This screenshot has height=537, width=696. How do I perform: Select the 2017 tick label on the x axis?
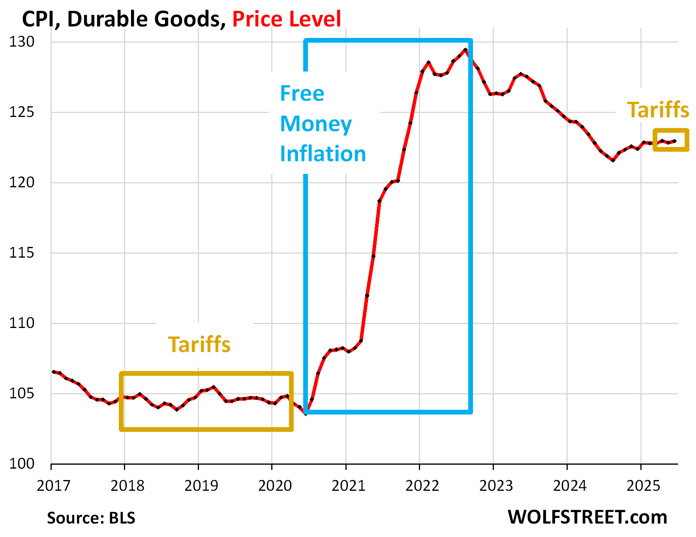pyautogui.click(x=53, y=486)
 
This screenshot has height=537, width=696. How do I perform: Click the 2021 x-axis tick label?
pyautogui.click(x=348, y=486)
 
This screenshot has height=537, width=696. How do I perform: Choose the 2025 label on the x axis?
pyautogui.click(x=643, y=486)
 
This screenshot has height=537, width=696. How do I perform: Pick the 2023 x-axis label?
pyautogui.click(x=496, y=486)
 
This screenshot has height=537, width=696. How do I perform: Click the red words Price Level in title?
pyautogui.click(x=286, y=19)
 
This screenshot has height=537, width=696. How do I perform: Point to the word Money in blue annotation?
pyautogui.click(x=315, y=124)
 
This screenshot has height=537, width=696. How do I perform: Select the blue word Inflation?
pyautogui.click(x=323, y=154)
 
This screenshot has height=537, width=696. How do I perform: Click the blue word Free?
pyautogui.click(x=302, y=94)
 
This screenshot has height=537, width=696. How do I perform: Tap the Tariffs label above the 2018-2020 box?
pyautogui.click(x=199, y=345)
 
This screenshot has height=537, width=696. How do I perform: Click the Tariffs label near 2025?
pyautogui.click(x=658, y=110)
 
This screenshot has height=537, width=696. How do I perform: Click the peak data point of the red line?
pyautogui.click(x=466, y=50)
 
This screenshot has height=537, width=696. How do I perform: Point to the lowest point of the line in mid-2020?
pyautogui.click(x=306, y=413)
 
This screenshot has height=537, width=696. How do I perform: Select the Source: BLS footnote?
pyautogui.click(x=91, y=518)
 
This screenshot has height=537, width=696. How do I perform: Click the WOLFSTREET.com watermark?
pyautogui.click(x=587, y=517)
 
